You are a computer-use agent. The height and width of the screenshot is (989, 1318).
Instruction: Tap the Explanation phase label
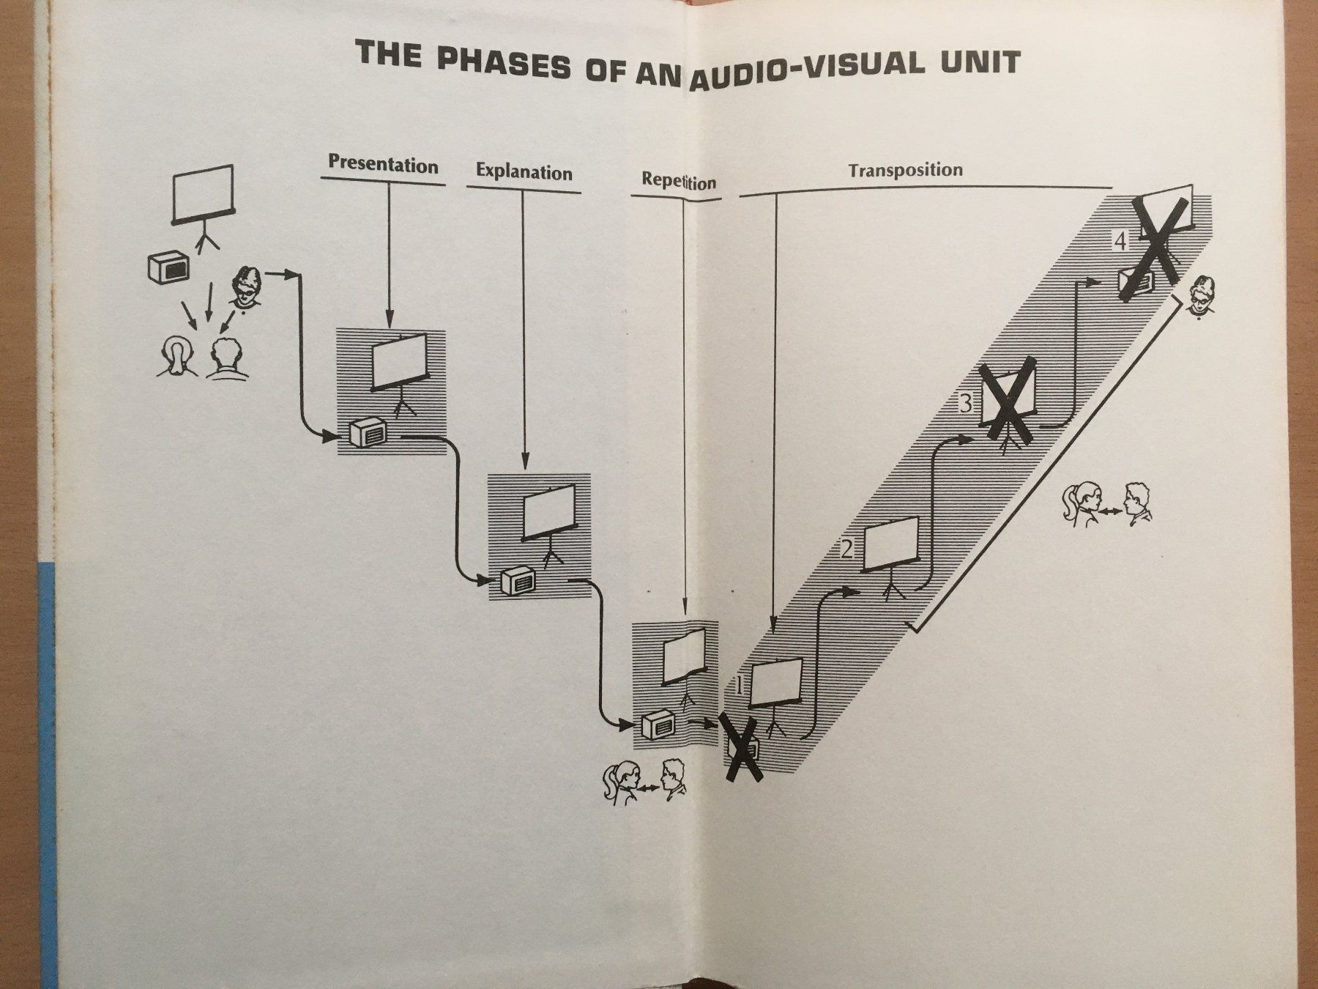click(524, 172)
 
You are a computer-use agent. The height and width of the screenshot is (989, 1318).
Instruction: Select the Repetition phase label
click(679, 181)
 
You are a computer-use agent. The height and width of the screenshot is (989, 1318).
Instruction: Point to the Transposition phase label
click(905, 170)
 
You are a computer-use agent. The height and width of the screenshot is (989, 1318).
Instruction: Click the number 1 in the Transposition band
click(739, 686)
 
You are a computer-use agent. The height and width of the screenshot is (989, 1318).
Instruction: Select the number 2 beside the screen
click(847, 549)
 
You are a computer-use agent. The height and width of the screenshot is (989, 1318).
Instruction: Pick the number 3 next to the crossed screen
click(967, 403)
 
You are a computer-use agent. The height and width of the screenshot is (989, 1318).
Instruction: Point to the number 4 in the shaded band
click(1120, 240)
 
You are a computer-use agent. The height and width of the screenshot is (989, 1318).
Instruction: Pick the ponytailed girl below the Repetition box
click(619, 782)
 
